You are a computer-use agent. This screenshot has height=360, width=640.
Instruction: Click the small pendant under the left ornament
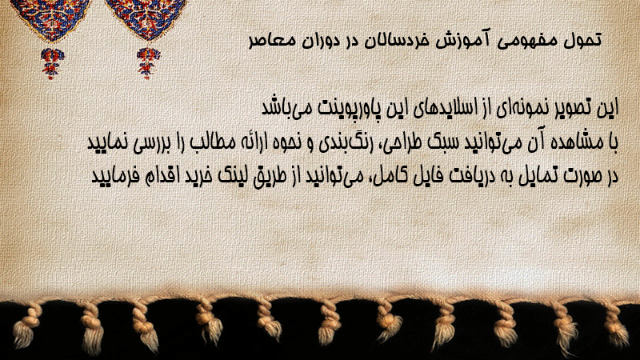click(x=52, y=63)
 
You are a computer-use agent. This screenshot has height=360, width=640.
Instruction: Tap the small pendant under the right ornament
click(x=148, y=63)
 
